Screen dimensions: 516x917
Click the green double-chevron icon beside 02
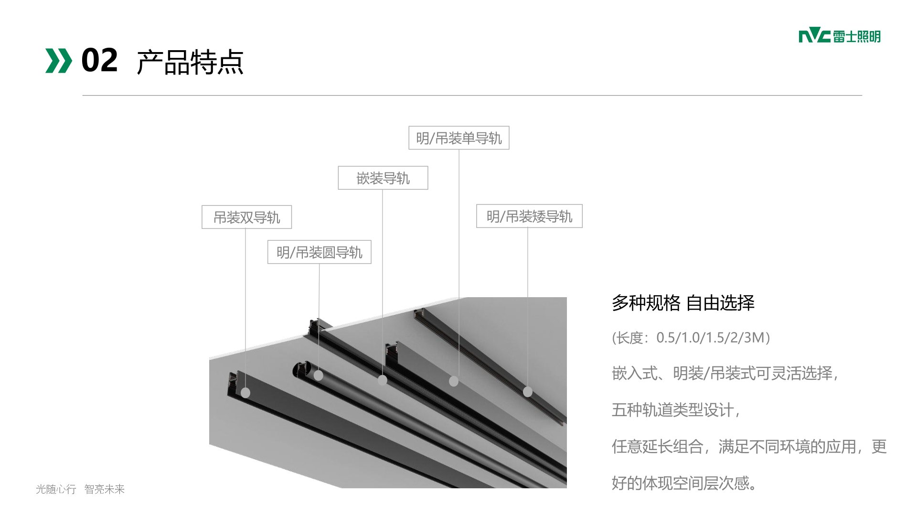(x=58, y=61)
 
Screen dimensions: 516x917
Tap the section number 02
(x=99, y=61)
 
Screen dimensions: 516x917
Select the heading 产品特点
(x=190, y=62)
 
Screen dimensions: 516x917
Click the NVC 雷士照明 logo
(x=839, y=36)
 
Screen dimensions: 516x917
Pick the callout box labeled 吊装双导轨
(x=246, y=217)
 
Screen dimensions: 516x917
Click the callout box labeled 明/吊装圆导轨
(x=319, y=252)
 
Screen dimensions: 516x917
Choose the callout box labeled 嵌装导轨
(x=383, y=178)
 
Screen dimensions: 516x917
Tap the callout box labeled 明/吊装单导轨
(x=458, y=138)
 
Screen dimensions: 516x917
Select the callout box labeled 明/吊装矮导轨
(x=529, y=216)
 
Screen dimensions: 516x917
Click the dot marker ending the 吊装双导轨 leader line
(x=245, y=393)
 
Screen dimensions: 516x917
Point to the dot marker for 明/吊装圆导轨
(x=319, y=376)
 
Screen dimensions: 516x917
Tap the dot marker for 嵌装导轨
(x=382, y=380)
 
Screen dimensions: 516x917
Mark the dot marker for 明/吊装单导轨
(x=454, y=381)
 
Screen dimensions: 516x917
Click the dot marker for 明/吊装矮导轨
(x=528, y=392)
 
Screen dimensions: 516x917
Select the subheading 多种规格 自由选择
(x=683, y=303)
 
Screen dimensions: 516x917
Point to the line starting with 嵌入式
(x=725, y=373)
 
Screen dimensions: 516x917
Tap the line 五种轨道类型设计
(x=675, y=410)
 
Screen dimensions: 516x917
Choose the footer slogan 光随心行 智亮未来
(x=80, y=489)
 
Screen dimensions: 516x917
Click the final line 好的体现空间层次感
(x=684, y=484)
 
